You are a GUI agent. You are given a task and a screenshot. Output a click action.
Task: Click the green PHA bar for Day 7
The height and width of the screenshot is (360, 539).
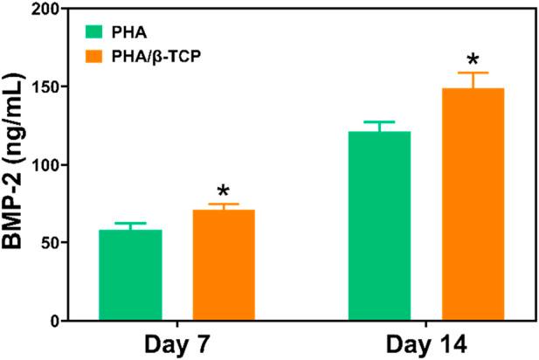tap(130, 275)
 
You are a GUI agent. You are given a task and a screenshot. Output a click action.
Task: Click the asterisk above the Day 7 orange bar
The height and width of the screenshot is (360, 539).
tap(224, 191)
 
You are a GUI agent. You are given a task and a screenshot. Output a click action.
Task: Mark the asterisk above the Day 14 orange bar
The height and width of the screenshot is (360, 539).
tap(473, 60)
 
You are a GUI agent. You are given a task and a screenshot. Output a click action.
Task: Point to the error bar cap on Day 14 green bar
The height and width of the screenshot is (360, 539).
tap(380, 122)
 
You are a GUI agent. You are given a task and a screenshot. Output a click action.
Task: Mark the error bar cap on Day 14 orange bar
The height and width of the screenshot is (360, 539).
tap(473, 73)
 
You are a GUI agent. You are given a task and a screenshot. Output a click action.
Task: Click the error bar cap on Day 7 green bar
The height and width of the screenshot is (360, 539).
tap(130, 224)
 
